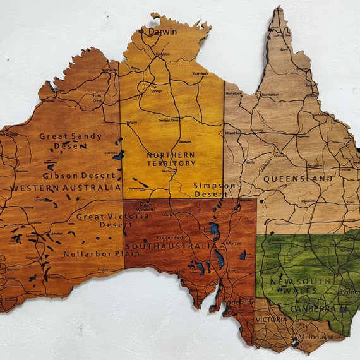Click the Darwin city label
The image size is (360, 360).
[162, 30]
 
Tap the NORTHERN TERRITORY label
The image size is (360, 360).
[171, 159]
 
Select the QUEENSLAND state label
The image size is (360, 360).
[298, 179]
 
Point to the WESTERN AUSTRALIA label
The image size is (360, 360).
[65, 188]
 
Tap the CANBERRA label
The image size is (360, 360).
[313, 309]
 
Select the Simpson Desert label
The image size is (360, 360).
[215, 190]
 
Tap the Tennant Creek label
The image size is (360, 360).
[169, 120]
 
